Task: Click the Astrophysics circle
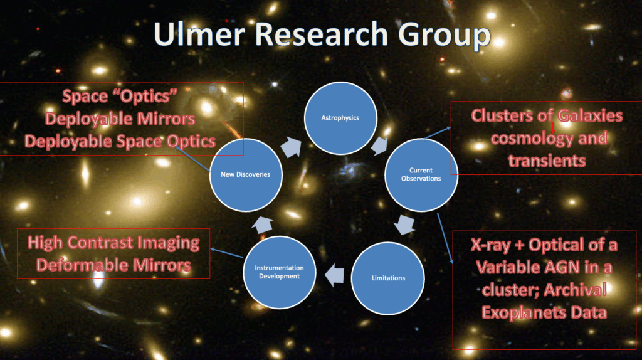tap(340, 118)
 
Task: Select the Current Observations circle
tap(421, 175)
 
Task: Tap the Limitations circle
tap(387, 278)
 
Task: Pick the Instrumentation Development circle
tap(279, 272)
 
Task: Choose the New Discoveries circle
tap(246, 175)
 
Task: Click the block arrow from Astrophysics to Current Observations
tap(379, 146)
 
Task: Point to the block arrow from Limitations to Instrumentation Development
tap(335, 275)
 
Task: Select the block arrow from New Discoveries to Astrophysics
tap(291, 147)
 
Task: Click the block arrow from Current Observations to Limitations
tap(404, 224)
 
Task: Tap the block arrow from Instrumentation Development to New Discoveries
tap(263, 225)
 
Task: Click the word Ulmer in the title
tap(199, 34)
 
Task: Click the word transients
tap(547, 161)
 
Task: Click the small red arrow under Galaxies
tap(553, 127)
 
